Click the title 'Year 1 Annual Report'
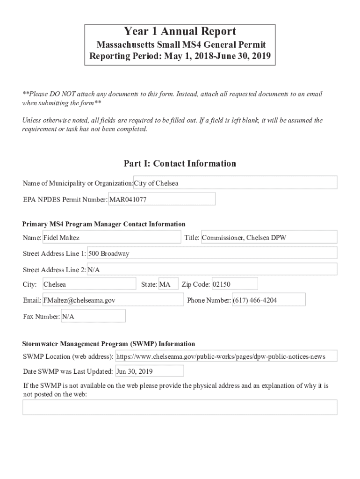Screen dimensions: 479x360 (180, 32)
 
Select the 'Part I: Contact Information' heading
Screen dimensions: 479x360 (180, 163)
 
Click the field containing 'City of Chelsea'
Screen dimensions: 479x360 (235, 183)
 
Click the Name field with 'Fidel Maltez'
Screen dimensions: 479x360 (111, 238)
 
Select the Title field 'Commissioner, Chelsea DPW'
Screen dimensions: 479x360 (268, 238)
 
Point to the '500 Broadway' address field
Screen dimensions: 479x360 (212, 254)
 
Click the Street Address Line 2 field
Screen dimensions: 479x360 (212, 270)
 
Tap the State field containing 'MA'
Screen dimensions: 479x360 (168, 284)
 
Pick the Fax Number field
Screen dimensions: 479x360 (93, 317)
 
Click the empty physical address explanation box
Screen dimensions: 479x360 (180, 407)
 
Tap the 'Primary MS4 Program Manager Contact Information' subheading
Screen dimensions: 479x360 (104, 224)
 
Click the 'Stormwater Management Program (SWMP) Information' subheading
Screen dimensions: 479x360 (108, 344)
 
